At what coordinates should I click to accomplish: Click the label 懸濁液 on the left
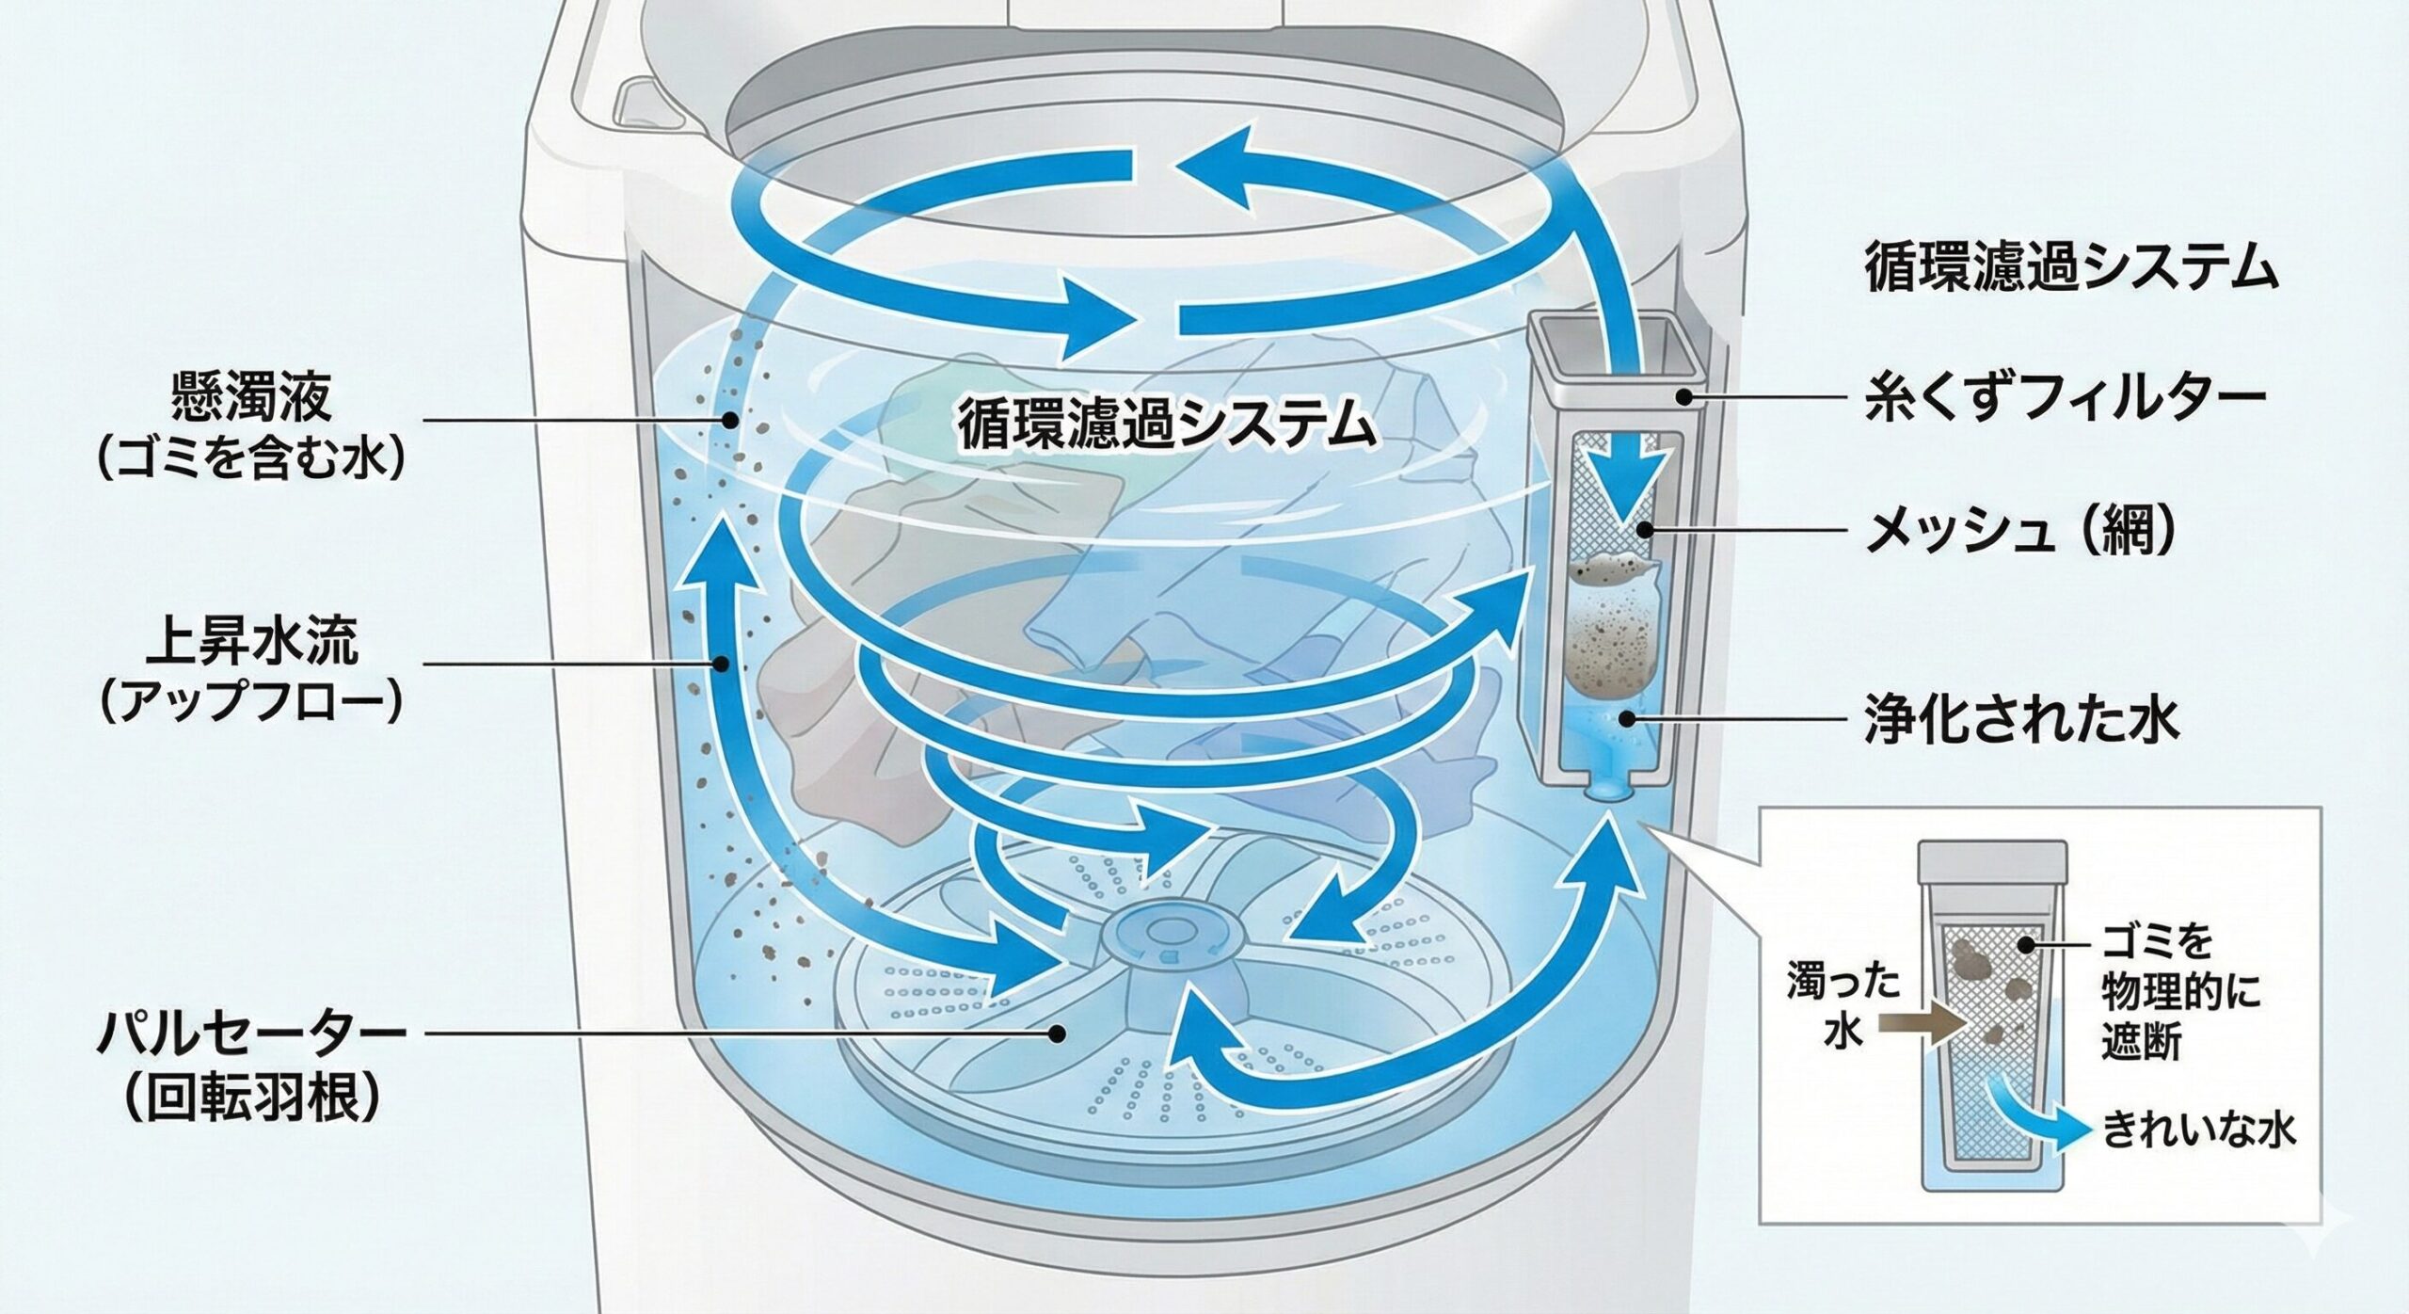pyautogui.click(x=251, y=399)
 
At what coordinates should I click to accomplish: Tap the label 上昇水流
pyautogui.click(x=251, y=646)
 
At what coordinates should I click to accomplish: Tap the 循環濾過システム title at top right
pyautogui.click(x=2070, y=268)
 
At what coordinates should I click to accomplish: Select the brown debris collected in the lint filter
pyautogui.click(x=1613, y=640)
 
